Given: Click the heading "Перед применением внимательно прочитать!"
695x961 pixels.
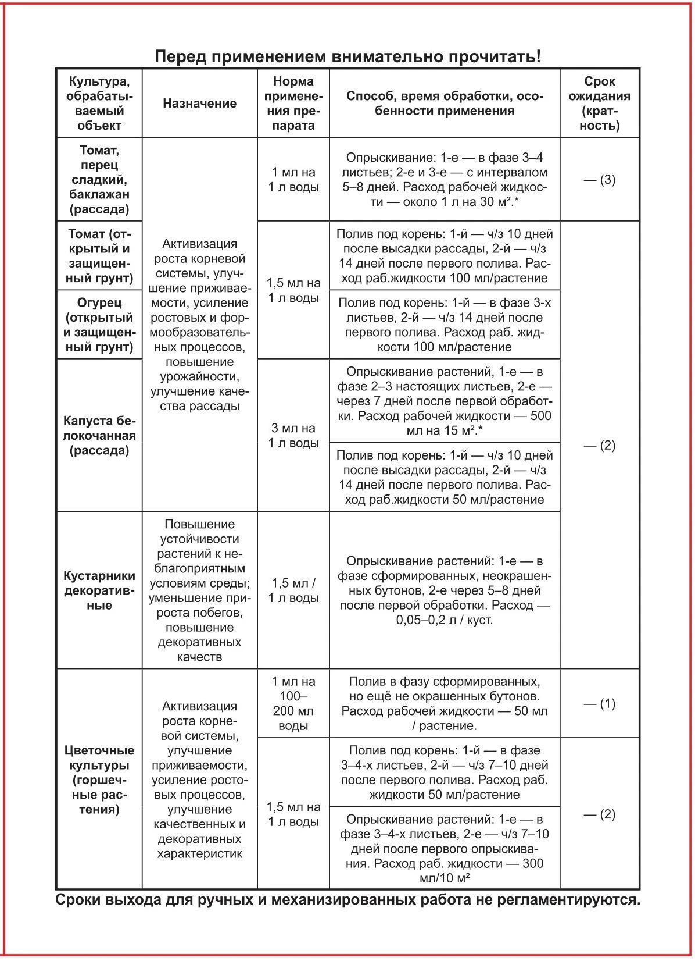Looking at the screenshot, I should click(347, 57).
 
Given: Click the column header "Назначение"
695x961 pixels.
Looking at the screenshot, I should click(199, 104).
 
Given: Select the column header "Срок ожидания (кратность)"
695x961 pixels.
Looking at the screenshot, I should click(599, 103).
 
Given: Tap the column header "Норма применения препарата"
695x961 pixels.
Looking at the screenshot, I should click(293, 103).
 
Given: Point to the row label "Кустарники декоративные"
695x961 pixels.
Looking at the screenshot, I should click(99, 590).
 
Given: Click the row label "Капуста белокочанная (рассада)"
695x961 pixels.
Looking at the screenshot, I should click(99, 435).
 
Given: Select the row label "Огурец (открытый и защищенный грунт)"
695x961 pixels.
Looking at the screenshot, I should click(99, 325).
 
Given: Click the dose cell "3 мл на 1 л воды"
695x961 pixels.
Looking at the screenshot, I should click(293, 435).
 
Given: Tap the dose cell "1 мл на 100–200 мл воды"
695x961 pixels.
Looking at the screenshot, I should click(293, 703).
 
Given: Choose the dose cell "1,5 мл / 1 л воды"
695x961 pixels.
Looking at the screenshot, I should click(293, 590).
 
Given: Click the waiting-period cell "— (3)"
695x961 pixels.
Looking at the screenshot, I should click(599, 179).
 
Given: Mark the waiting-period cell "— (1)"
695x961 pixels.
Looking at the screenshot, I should click(599, 703).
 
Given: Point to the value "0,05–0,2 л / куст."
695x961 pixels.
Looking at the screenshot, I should click(445, 620).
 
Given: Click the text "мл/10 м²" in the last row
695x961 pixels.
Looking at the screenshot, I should click(445, 878).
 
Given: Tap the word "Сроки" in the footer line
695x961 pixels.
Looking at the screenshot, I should click(78, 900).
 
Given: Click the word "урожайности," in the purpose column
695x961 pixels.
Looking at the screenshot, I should click(199, 376).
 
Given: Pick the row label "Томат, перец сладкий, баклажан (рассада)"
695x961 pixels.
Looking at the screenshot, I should click(99, 179).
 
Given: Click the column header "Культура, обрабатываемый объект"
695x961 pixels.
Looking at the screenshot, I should click(99, 103).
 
